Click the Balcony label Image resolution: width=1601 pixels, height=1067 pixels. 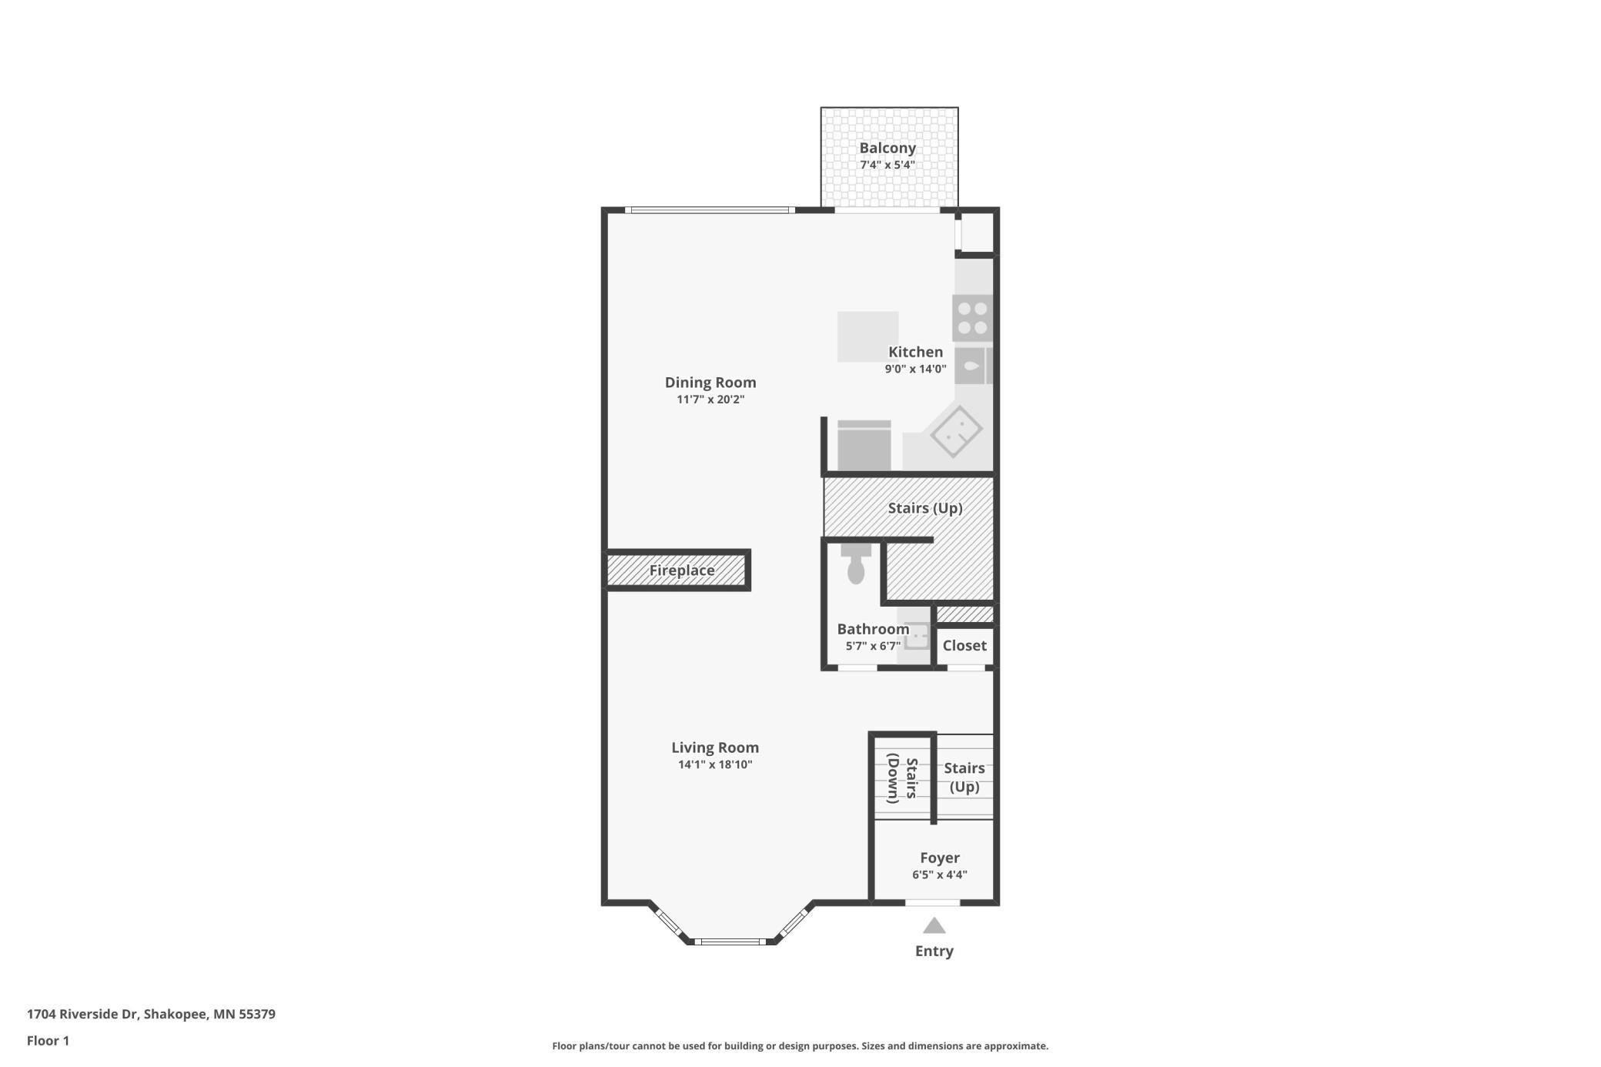pyautogui.click(x=887, y=148)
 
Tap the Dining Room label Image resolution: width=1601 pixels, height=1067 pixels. pyautogui.click(x=710, y=382)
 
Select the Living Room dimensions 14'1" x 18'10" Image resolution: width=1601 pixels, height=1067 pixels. pyautogui.click(x=715, y=764)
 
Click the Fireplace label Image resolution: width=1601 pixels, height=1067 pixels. pyautogui.click(x=682, y=570)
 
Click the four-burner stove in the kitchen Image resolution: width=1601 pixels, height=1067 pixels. pyautogui.click(x=973, y=318)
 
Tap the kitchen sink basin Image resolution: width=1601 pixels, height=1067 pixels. pyautogui.click(x=973, y=366)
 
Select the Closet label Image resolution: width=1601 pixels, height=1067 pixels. pyautogui.click(x=964, y=645)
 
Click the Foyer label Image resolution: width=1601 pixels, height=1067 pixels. pyautogui.click(x=940, y=858)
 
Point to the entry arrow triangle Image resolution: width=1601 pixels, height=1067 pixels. pyautogui.click(x=934, y=925)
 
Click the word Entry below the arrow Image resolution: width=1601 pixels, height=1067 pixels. pyautogui.click(x=934, y=952)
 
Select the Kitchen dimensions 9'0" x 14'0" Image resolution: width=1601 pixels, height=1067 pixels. pyautogui.click(x=915, y=369)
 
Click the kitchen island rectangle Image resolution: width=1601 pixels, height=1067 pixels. pyautogui.click(x=867, y=336)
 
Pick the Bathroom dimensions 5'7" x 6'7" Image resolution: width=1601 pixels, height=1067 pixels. pyautogui.click(x=873, y=646)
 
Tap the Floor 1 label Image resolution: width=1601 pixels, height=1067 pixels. pyautogui.click(x=48, y=1041)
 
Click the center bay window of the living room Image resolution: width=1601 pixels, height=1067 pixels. pyautogui.click(x=732, y=941)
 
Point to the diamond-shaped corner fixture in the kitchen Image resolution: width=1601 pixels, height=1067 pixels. pyautogui.click(x=956, y=432)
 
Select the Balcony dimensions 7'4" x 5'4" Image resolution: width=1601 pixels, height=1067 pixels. pyautogui.click(x=887, y=165)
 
